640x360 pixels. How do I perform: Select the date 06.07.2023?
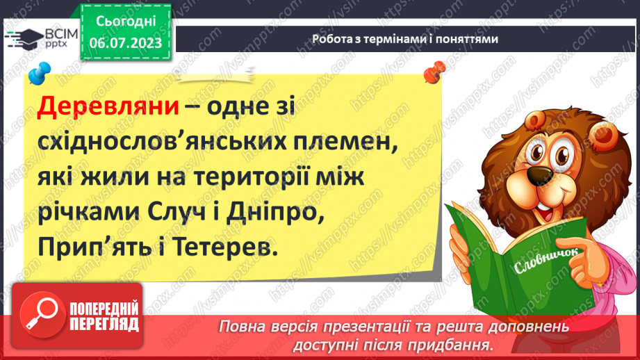(125, 44)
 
